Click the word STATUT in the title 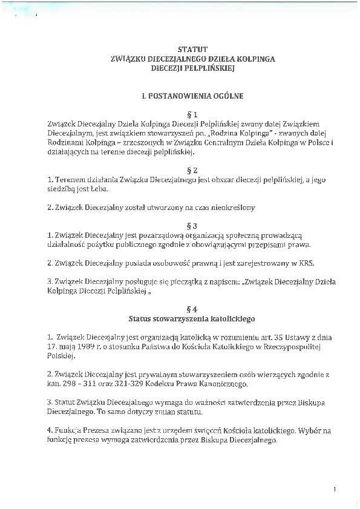coord(192,49)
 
